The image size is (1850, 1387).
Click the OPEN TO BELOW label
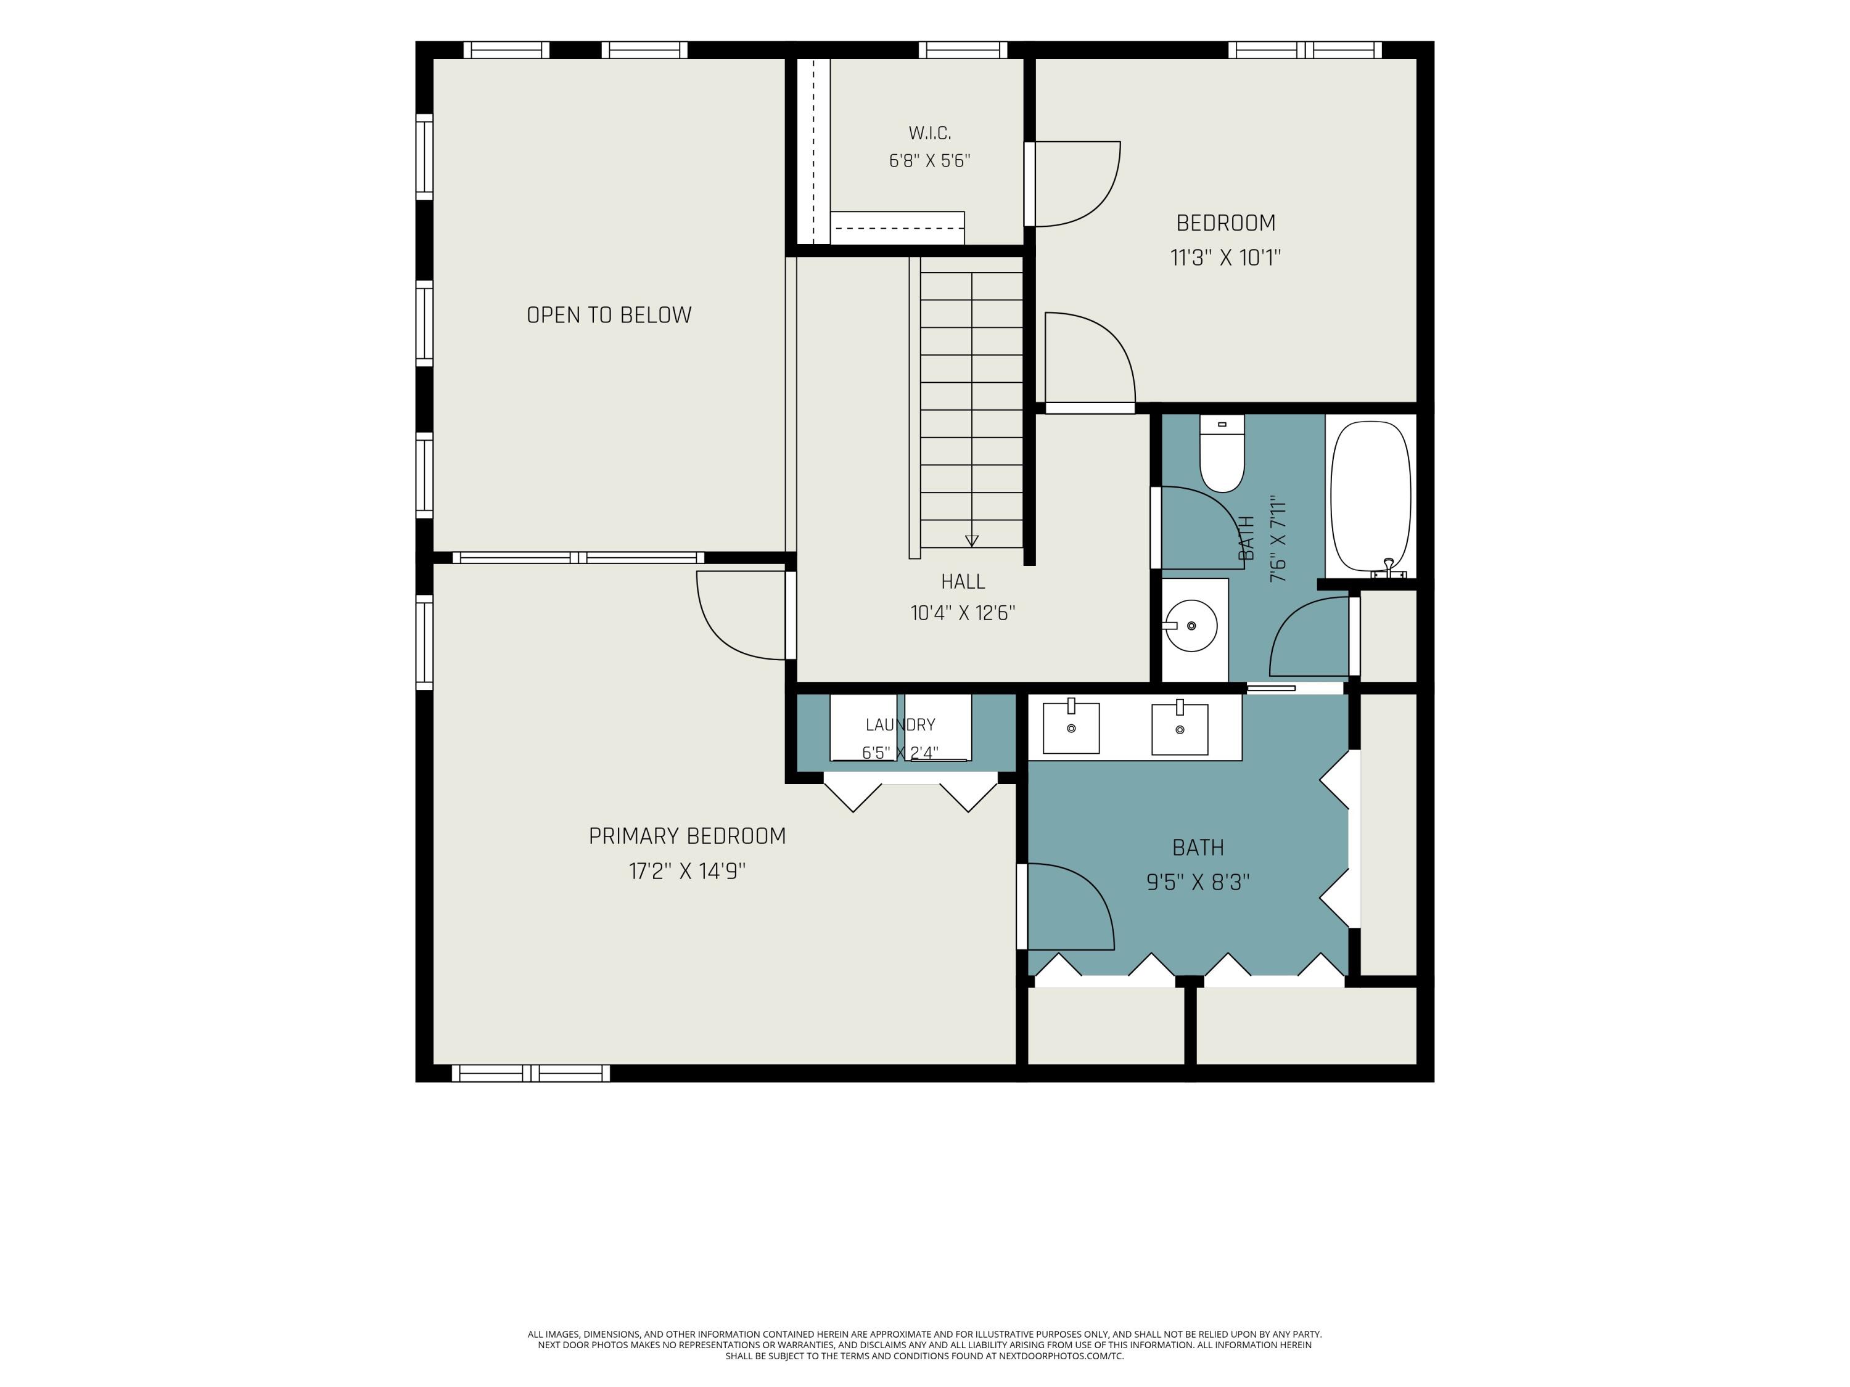click(x=609, y=315)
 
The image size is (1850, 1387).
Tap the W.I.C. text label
click(x=929, y=133)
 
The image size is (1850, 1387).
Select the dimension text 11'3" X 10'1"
click(x=1225, y=258)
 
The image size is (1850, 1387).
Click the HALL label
click(x=963, y=581)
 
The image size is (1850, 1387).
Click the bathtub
click(x=1370, y=497)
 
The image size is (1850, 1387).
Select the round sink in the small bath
click(x=1191, y=625)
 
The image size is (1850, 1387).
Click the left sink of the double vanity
click(x=1071, y=727)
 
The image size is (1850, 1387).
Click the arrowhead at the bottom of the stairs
click(x=971, y=540)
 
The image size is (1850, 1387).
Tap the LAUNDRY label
click(x=900, y=725)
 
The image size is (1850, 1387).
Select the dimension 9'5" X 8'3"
click(x=1198, y=882)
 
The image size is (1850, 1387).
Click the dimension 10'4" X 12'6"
click(x=963, y=613)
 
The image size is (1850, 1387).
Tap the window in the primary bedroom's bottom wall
click(x=531, y=1073)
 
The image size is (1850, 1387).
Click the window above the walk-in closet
click(x=963, y=50)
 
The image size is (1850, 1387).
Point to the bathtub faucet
click(x=1388, y=568)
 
